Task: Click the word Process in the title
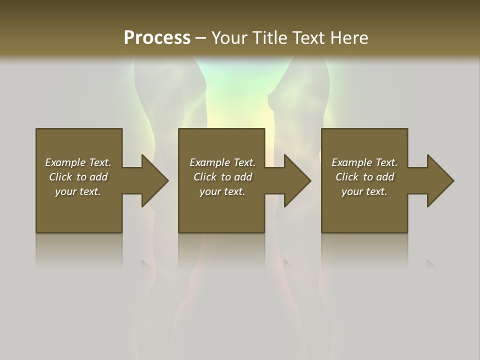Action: coord(157,38)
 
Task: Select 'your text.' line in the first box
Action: coord(78,191)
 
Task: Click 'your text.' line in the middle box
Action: coord(222,191)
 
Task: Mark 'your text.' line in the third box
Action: coord(364,191)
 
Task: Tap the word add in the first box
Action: coord(98,177)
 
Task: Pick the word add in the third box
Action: coord(385,177)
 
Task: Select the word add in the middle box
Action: coord(243,177)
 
